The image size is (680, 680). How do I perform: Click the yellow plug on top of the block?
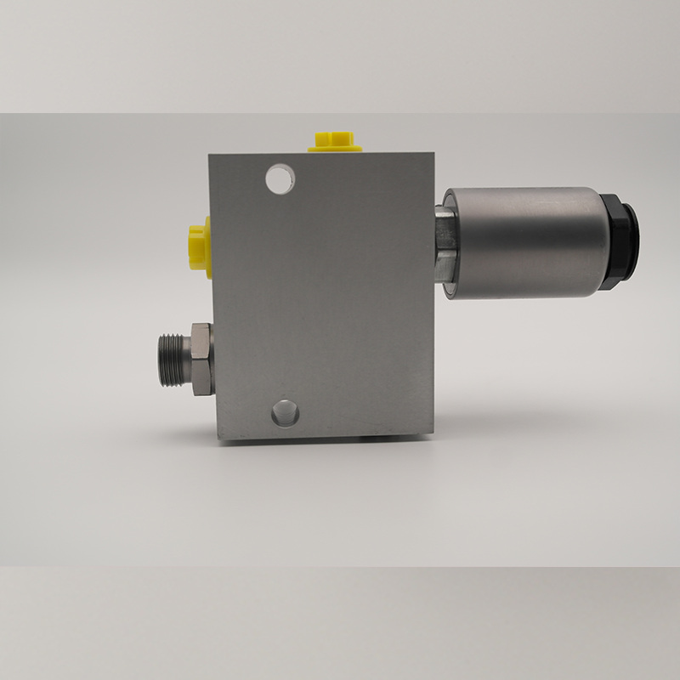point(335,142)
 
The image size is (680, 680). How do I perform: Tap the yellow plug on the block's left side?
point(199,246)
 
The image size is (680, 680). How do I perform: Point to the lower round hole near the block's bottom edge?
point(285,414)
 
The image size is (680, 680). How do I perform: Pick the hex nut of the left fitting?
point(201,359)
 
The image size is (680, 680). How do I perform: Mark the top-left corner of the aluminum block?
point(211,156)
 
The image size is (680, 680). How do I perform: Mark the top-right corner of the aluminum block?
point(433,153)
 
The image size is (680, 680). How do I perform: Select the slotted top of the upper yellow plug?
point(334,136)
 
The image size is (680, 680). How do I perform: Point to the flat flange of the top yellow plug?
point(335,150)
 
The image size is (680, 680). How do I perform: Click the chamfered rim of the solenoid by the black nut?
point(600,241)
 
